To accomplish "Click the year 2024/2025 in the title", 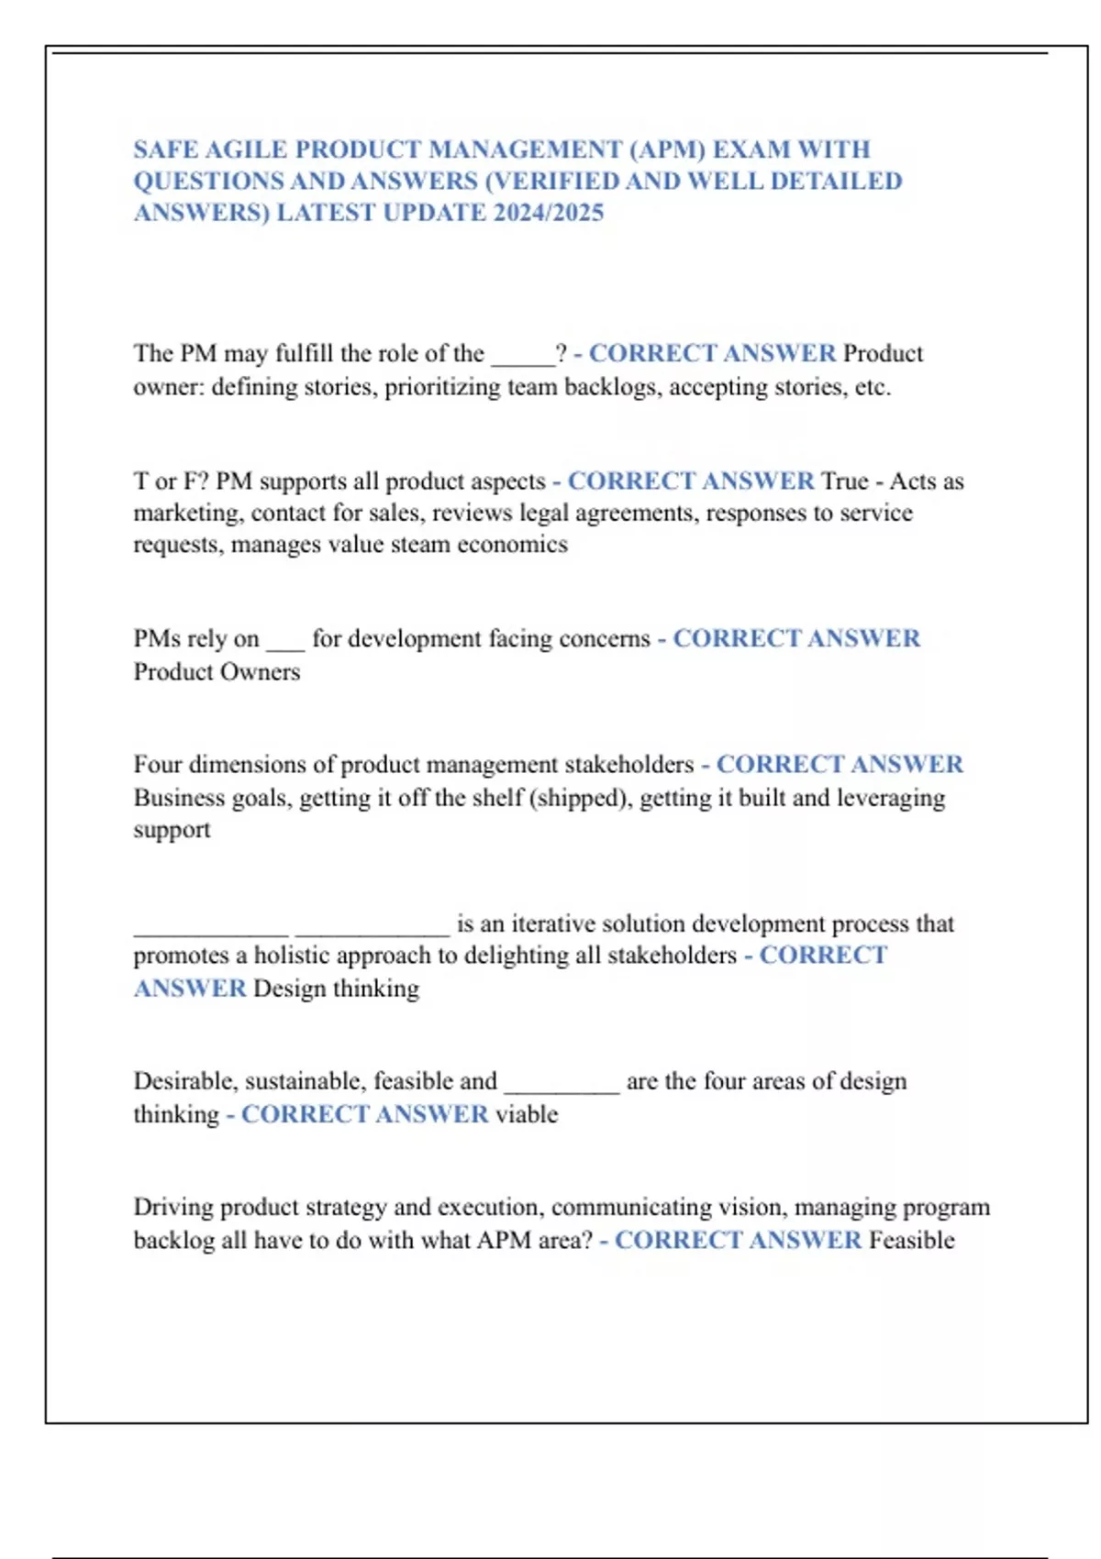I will tap(549, 213).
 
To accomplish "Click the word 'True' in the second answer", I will tap(844, 481).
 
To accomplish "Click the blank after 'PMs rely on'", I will tap(285, 640).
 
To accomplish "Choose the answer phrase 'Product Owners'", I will tap(217, 672).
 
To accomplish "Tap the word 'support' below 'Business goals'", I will tap(172, 830).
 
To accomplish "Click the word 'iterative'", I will tap(552, 923).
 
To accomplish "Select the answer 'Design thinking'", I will tap(336, 989).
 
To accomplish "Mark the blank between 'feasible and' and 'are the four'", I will tap(562, 1083).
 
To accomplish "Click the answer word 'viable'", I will tap(527, 1114).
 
